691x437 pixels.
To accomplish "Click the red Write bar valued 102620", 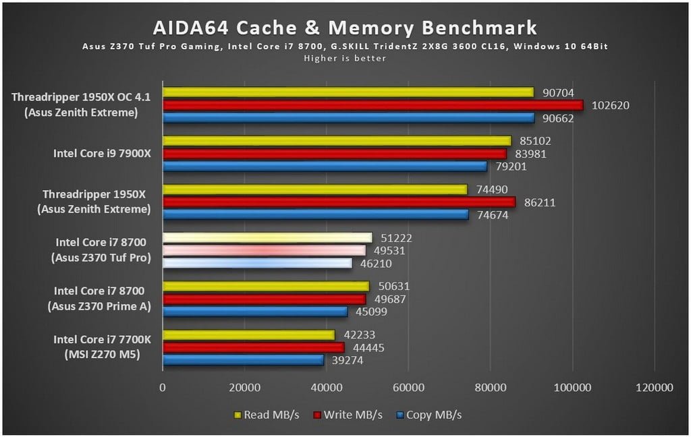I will (x=372, y=105).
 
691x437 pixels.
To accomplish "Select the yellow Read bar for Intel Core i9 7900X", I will (x=337, y=141).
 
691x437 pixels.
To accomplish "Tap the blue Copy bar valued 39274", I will (x=243, y=360).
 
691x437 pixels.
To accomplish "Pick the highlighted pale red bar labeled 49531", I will (x=264, y=250).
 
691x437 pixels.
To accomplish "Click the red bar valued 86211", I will (x=339, y=202).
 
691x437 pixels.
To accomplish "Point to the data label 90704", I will (x=558, y=92).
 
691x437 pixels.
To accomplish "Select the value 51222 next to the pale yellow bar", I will (x=396, y=237).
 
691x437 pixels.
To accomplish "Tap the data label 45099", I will (x=371, y=312).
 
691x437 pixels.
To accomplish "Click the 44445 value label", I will (x=368, y=347).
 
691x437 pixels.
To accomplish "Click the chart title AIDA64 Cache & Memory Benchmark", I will (x=345, y=28).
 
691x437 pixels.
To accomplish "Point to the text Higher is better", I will (x=345, y=58).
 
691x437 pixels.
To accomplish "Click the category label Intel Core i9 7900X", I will (x=103, y=153).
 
